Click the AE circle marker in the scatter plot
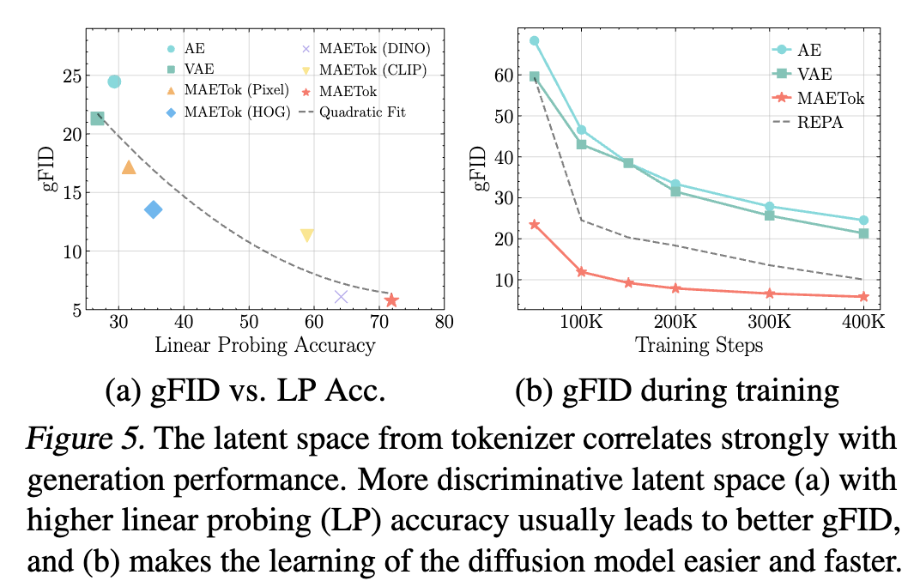(x=114, y=82)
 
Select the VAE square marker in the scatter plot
(x=97, y=118)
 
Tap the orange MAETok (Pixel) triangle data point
(x=129, y=167)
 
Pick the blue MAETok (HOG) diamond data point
(x=154, y=209)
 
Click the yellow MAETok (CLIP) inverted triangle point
(x=306, y=235)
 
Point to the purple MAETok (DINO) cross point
(x=341, y=297)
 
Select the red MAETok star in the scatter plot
(x=391, y=300)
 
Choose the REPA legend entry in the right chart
(x=819, y=122)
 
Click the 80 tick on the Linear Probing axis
(x=444, y=322)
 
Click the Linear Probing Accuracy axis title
(x=264, y=345)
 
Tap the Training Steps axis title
(x=699, y=345)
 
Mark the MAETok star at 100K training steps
(x=581, y=271)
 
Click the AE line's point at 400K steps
(x=863, y=221)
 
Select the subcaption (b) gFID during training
(x=676, y=391)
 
